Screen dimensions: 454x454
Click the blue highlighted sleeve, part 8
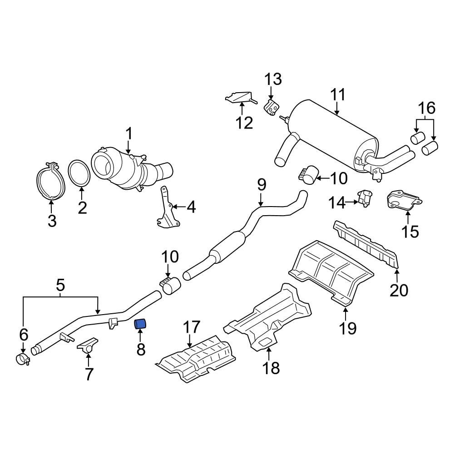tap(140, 324)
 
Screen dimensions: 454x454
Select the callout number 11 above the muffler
tap(338, 95)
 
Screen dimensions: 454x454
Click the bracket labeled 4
tap(166, 209)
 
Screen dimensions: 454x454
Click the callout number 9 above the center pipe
tap(261, 185)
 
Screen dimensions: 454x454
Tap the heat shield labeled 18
tap(268, 318)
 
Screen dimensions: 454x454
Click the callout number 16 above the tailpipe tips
tap(426, 108)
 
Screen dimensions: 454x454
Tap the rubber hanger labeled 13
tap(271, 109)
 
